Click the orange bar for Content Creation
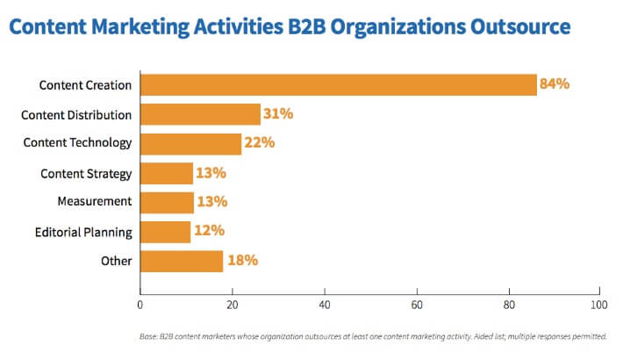tap(338, 85)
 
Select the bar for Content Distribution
tap(200, 114)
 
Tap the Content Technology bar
tap(190, 143)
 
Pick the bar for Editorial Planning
tap(165, 232)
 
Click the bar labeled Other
tap(182, 261)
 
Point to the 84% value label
tap(555, 85)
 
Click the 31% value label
tap(277, 114)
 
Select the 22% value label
tap(258, 143)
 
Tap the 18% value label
tap(240, 261)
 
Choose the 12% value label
tap(208, 232)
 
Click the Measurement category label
tap(95, 201)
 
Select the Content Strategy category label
tap(86, 173)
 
